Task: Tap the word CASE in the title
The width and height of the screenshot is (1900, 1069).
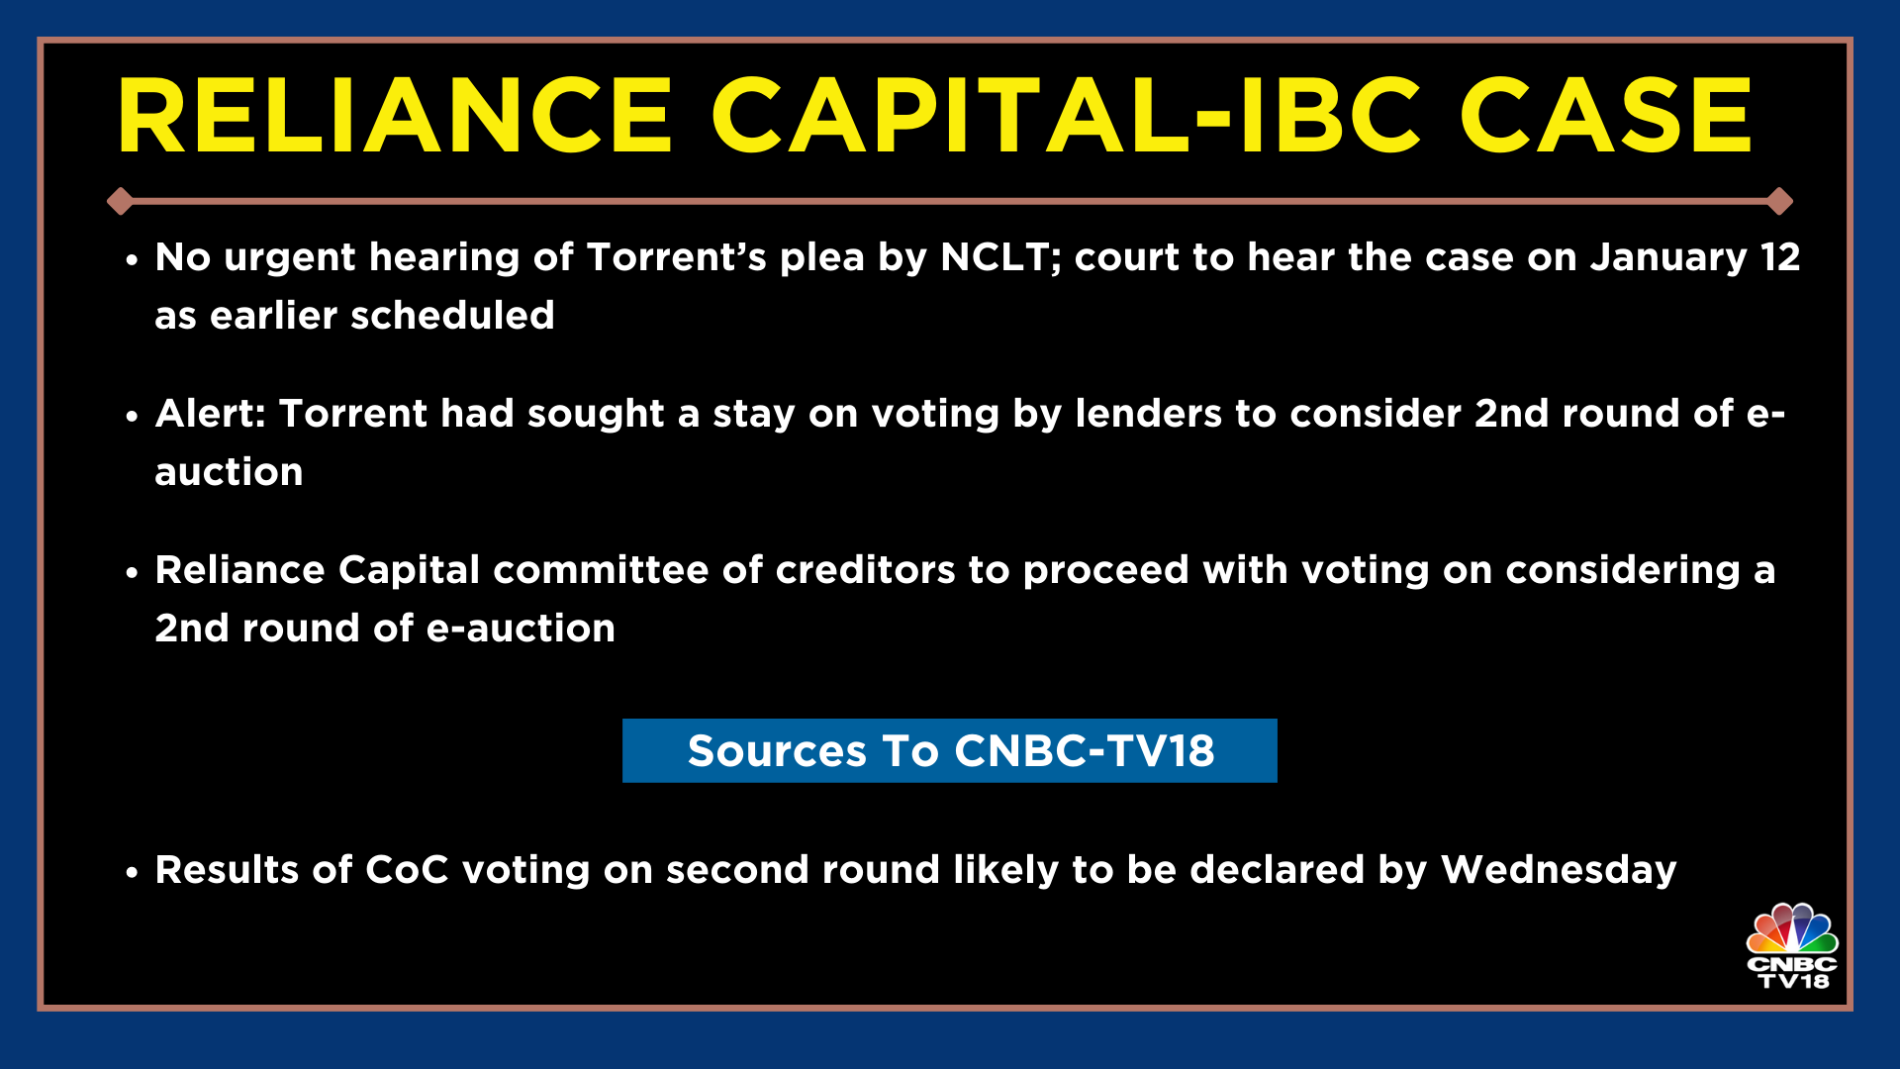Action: [1605, 116]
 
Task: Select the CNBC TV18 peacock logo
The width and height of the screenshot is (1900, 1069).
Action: [1791, 945]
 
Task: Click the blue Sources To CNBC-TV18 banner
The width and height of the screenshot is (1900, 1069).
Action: [950, 750]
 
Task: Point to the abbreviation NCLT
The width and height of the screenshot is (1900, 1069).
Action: [999, 257]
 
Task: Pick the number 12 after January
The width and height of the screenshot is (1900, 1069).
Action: [1780, 257]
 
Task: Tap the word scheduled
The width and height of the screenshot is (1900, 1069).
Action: [452, 316]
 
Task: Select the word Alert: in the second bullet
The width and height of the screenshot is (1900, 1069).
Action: [211, 414]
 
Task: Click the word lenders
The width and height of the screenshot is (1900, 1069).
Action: [1148, 414]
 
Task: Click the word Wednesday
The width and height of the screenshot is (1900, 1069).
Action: [1559, 870]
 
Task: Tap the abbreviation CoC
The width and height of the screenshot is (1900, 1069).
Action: [407, 870]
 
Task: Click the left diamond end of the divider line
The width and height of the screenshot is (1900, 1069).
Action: [121, 201]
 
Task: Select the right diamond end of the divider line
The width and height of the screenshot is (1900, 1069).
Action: [1779, 201]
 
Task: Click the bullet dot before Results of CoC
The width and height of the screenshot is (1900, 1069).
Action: [132, 873]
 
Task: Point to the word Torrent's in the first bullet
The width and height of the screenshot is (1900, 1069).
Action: [676, 257]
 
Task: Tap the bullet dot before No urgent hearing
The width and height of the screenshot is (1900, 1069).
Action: [132, 260]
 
